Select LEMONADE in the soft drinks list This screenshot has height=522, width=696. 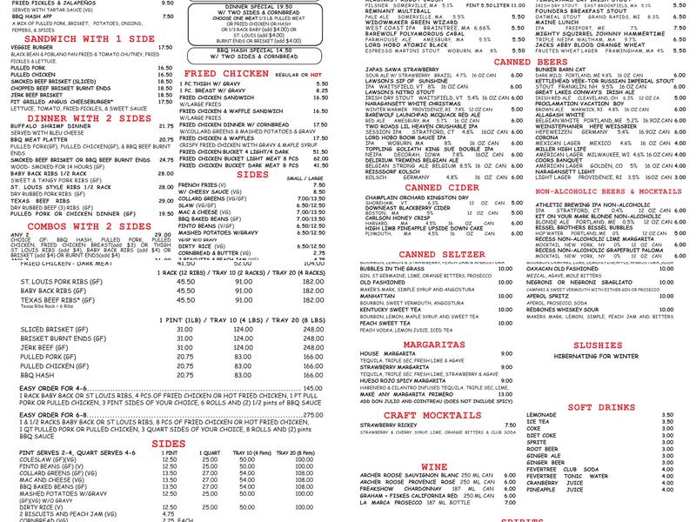tap(543, 415)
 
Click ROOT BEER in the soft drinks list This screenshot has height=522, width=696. tap(543, 448)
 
